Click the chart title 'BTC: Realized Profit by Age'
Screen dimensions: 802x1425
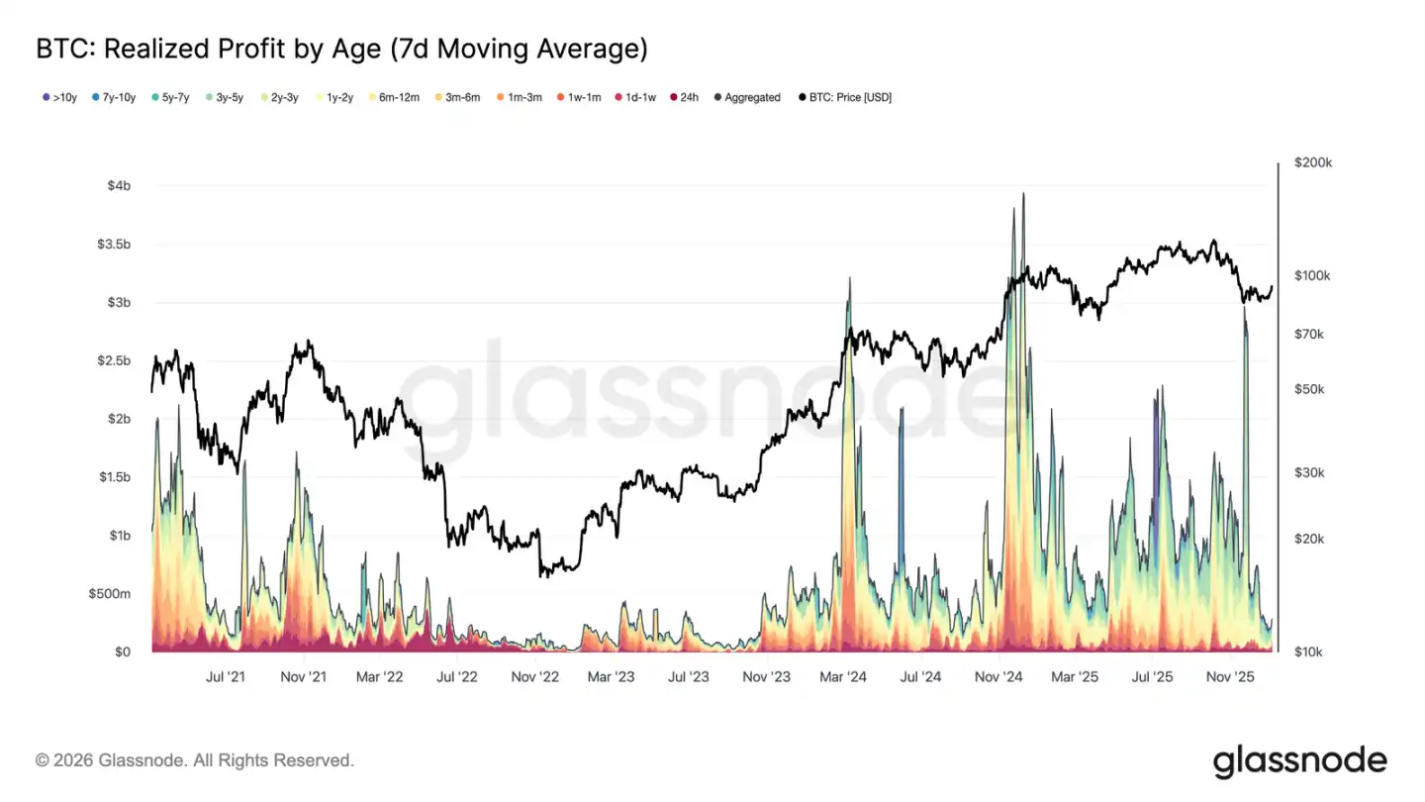(341, 48)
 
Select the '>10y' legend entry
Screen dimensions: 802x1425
(59, 98)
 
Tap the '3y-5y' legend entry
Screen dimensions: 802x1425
(223, 98)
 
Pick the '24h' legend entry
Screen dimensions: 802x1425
(684, 98)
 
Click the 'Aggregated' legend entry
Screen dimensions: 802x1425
(747, 98)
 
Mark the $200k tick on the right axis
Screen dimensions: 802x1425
(1313, 163)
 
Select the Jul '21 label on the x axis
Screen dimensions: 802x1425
(226, 677)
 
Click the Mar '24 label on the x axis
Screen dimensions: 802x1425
(844, 677)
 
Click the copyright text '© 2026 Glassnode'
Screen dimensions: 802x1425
(194, 760)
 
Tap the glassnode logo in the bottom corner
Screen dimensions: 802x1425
(1299, 760)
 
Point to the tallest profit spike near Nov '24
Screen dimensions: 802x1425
(1022, 196)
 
